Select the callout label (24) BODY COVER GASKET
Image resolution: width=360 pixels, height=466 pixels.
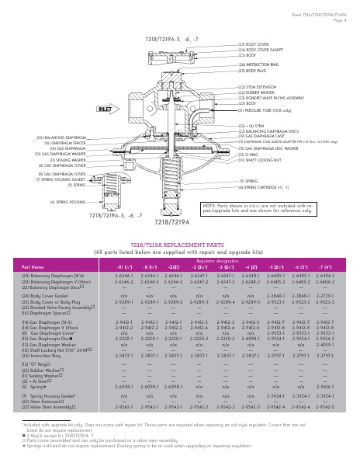tap(261, 50)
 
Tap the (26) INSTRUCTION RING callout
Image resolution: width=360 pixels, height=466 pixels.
tap(258, 64)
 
